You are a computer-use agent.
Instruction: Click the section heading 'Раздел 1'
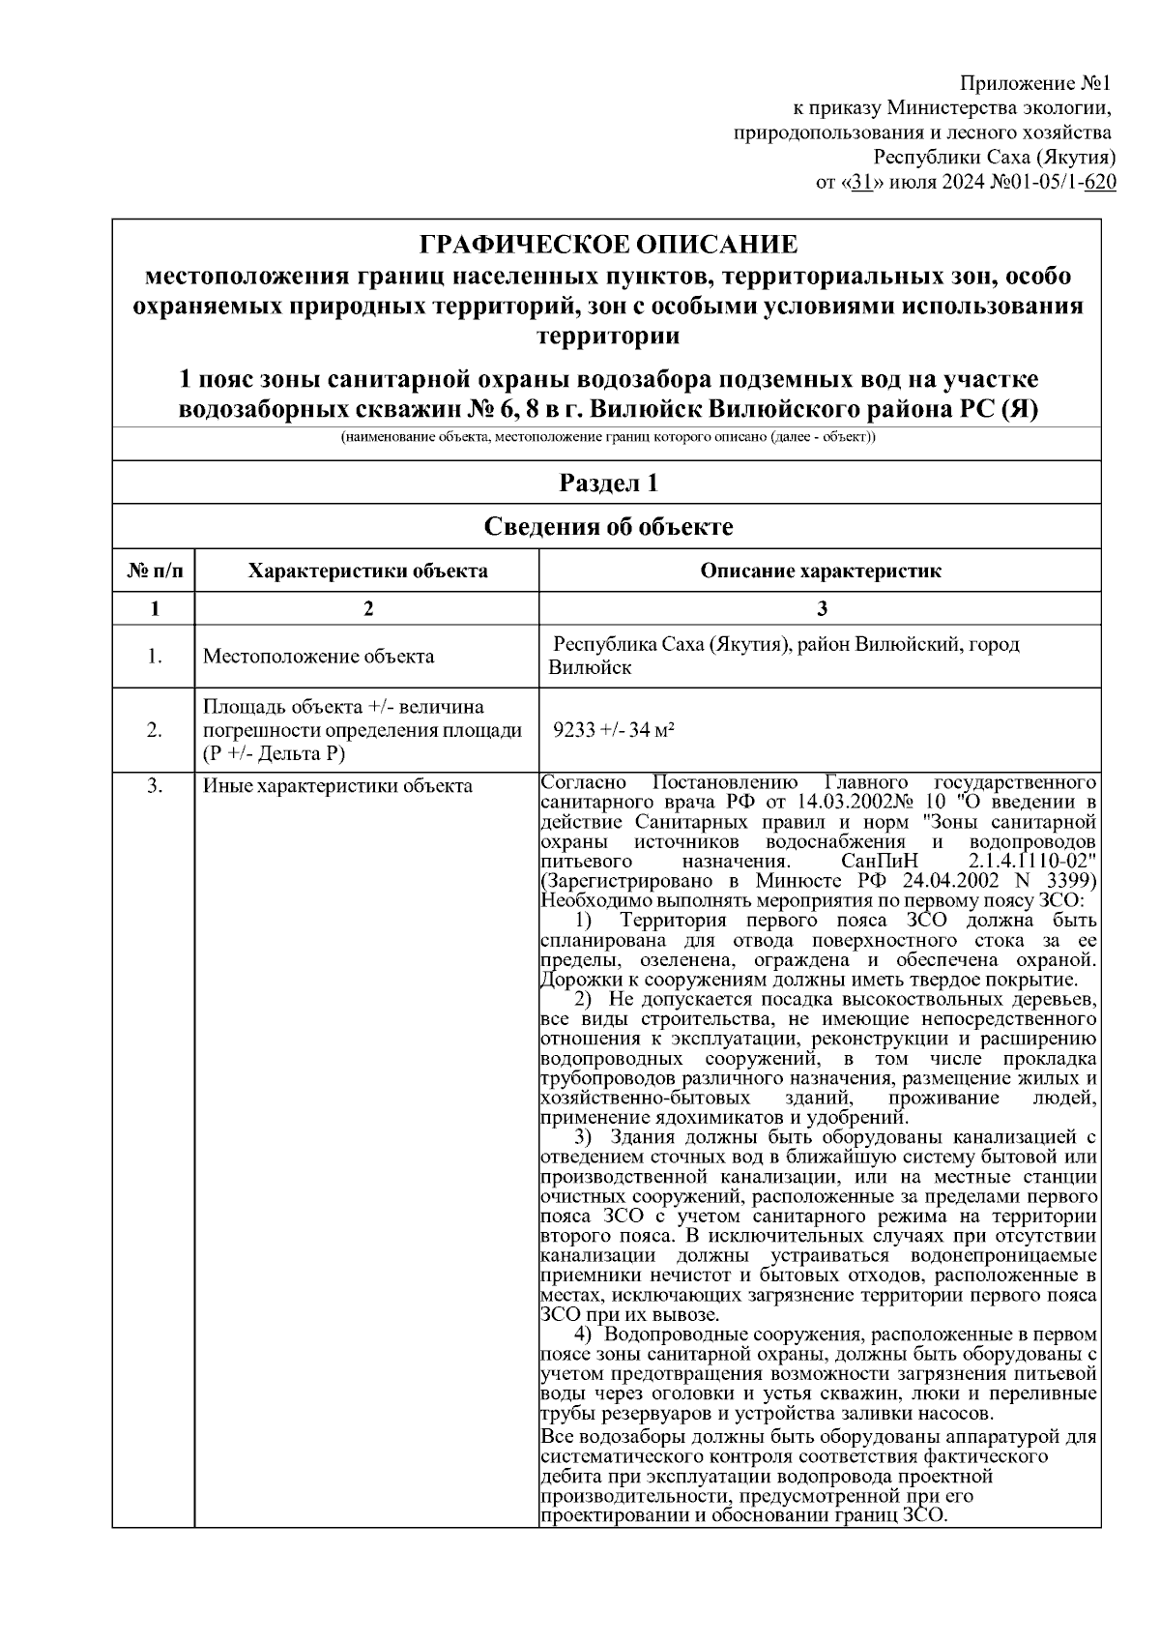pyautogui.click(x=607, y=483)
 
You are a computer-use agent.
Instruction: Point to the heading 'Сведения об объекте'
pyautogui.click(x=607, y=526)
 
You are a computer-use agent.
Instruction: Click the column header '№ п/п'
pyautogui.click(x=154, y=571)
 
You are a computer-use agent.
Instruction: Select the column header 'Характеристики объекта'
pyautogui.click(x=367, y=571)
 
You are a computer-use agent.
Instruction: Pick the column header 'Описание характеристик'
pyautogui.click(x=820, y=571)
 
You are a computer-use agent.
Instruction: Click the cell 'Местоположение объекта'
pyautogui.click(x=319, y=657)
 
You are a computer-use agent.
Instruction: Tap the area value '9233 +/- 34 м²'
pyautogui.click(x=613, y=730)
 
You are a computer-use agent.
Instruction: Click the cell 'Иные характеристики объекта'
pyautogui.click(x=337, y=786)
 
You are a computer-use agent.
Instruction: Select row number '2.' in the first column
pyautogui.click(x=154, y=730)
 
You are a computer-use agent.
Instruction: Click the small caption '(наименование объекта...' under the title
pyautogui.click(x=607, y=438)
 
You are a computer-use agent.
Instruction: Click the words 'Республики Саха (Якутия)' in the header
pyautogui.click(x=995, y=157)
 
